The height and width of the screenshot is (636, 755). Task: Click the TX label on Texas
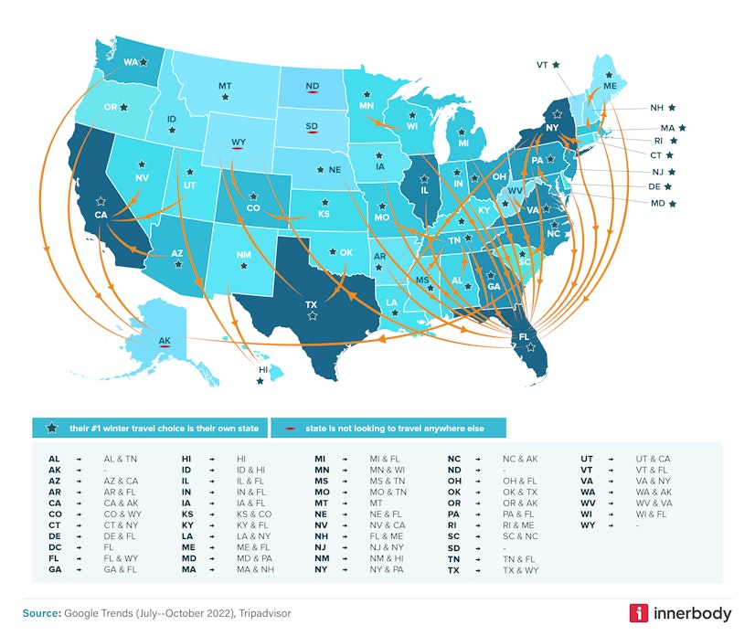click(x=311, y=304)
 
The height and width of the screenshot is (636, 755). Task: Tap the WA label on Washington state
click(x=131, y=63)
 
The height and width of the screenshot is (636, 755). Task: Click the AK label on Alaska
click(x=165, y=341)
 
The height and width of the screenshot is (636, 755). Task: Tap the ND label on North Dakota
click(x=313, y=87)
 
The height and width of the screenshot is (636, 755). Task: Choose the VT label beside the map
click(x=542, y=65)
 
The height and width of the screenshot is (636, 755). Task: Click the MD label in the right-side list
click(x=655, y=203)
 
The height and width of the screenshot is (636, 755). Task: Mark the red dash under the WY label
click(x=239, y=150)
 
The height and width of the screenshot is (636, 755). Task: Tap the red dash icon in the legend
click(x=288, y=428)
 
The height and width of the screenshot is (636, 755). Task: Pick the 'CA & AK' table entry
click(x=121, y=502)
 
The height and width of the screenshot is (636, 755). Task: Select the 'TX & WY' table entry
click(x=520, y=569)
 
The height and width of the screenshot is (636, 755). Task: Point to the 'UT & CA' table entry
click(x=653, y=459)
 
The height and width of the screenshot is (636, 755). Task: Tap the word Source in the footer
click(x=42, y=612)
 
